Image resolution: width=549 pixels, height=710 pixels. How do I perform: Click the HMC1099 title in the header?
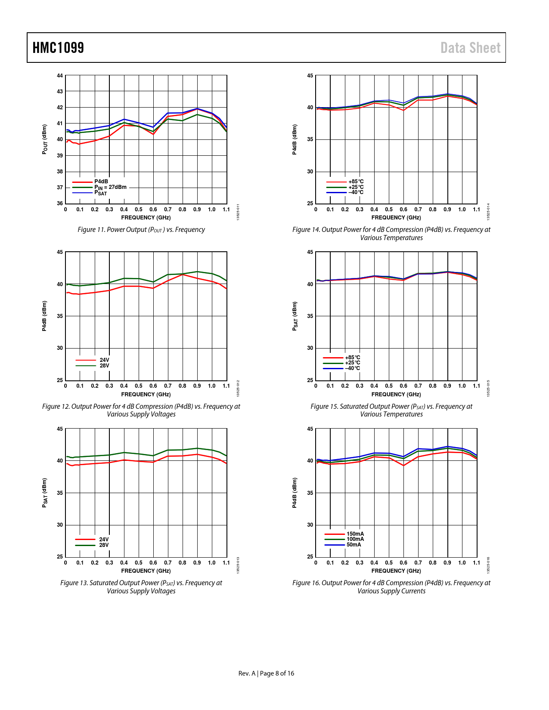pyautogui.click(x=58, y=48)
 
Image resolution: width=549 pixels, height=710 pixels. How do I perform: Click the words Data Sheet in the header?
pyautogui.click(x=470, y=48)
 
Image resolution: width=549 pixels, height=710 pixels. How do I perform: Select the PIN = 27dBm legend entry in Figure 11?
pyautogui.click(x=111, y=187)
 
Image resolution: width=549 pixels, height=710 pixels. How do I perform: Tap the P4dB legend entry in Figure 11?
pyautogui.click(x=101, y=182)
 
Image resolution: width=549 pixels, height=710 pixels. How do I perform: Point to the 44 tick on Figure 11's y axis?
pyautogui.click(x=60, y=76)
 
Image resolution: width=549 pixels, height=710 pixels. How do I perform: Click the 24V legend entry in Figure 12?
pyautogui.click(x=104, y=360)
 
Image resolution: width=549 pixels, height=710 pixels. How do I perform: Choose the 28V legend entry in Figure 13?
pyautogui.click(x=104, y=545)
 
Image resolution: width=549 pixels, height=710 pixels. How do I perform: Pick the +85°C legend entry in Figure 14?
pyautogui.click(x=356, y=182)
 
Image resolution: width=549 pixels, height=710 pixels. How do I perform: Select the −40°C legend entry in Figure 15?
pyautogui.click(x=352, y=368)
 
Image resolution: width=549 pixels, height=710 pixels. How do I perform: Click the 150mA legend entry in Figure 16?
pyautogui.click(x=355, y=534)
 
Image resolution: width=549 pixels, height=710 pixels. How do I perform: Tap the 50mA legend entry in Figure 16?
pyautogui.click(x=354, y=545)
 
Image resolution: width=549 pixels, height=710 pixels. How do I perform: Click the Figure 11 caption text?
pyautogui.click(x=141, y=230)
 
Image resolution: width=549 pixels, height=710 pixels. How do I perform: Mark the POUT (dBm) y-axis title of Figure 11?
pyautogui.click(x=45, y=139)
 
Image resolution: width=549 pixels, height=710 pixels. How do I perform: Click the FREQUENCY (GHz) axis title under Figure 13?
pyautogui.click(x=146, y=571)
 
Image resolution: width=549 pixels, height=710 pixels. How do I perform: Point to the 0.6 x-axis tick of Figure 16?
pyautogui.click(x=403, y=563)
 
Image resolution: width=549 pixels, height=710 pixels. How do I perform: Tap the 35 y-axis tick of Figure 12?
pyautogui.click(x=60, y=316)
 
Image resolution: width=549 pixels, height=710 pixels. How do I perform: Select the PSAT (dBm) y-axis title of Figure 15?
pyautogui.click(x=295, y=316)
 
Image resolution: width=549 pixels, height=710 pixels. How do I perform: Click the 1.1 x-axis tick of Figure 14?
pyautogui.click(x=476, y=210)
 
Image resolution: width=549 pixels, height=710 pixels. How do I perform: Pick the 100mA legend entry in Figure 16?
pyautogui.click(x=355, y=539)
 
